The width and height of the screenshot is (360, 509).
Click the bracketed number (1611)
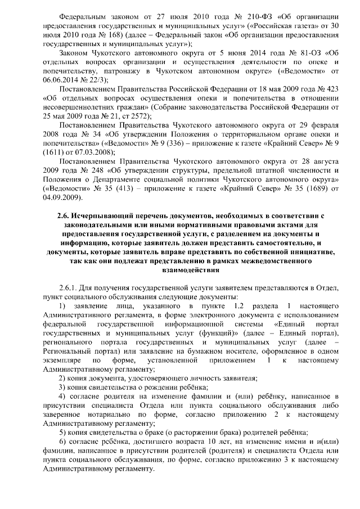[x=48, y=160]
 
